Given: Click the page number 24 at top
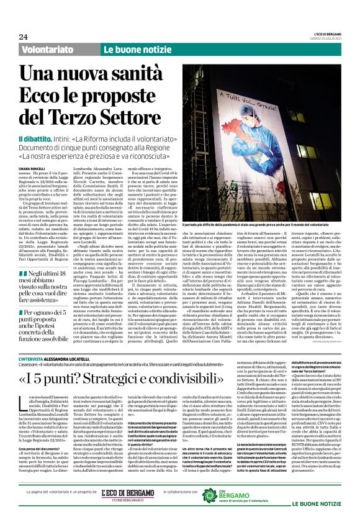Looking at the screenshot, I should [23, 36].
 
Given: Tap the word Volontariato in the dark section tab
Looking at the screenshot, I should [52, 49].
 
